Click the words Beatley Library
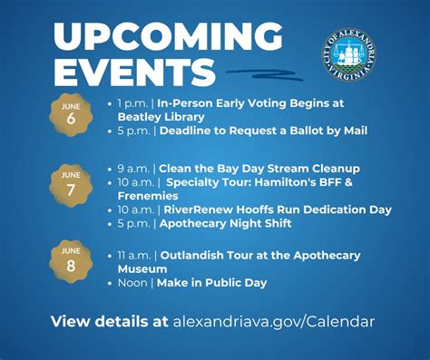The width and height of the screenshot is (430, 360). [161, 117]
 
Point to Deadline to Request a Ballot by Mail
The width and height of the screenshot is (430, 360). [263, 131]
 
